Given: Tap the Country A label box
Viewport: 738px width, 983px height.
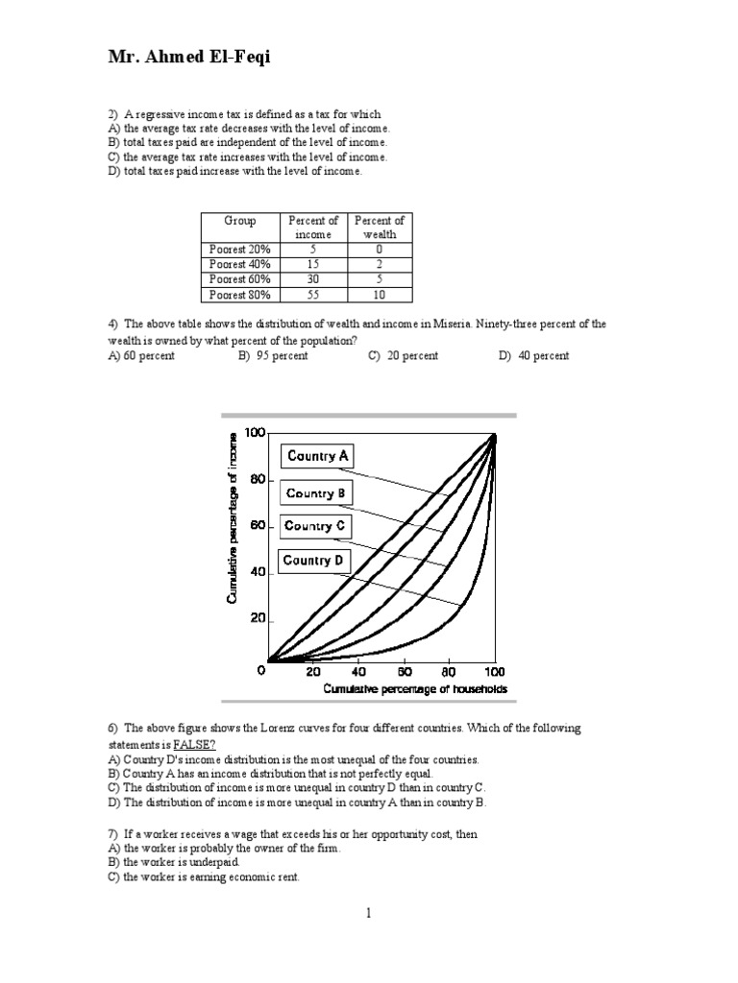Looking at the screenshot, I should point(317,456).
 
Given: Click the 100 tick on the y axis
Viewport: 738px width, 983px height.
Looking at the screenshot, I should point(254,433).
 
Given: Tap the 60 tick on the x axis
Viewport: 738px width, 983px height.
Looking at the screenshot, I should point(404,672).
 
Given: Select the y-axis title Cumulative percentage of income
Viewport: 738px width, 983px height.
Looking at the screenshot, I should point(232,518).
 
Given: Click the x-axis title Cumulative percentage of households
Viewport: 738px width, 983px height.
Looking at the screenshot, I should point(415,689).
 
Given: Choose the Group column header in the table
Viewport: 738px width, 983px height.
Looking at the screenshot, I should point(239,221).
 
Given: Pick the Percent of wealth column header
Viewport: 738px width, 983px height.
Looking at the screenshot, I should point(380,228).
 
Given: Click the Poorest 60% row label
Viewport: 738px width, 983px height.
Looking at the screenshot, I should point(239,279).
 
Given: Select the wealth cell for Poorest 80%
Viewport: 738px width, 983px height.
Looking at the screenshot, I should point(380,295).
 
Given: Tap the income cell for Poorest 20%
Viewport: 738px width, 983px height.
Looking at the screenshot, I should point(313,249).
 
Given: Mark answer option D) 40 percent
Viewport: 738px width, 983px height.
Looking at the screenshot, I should point(533,356).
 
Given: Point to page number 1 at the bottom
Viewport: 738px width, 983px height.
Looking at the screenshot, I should point(368,913).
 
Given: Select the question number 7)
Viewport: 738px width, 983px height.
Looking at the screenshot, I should point(112,835).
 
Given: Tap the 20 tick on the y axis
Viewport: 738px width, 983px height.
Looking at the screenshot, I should point(257,619).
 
